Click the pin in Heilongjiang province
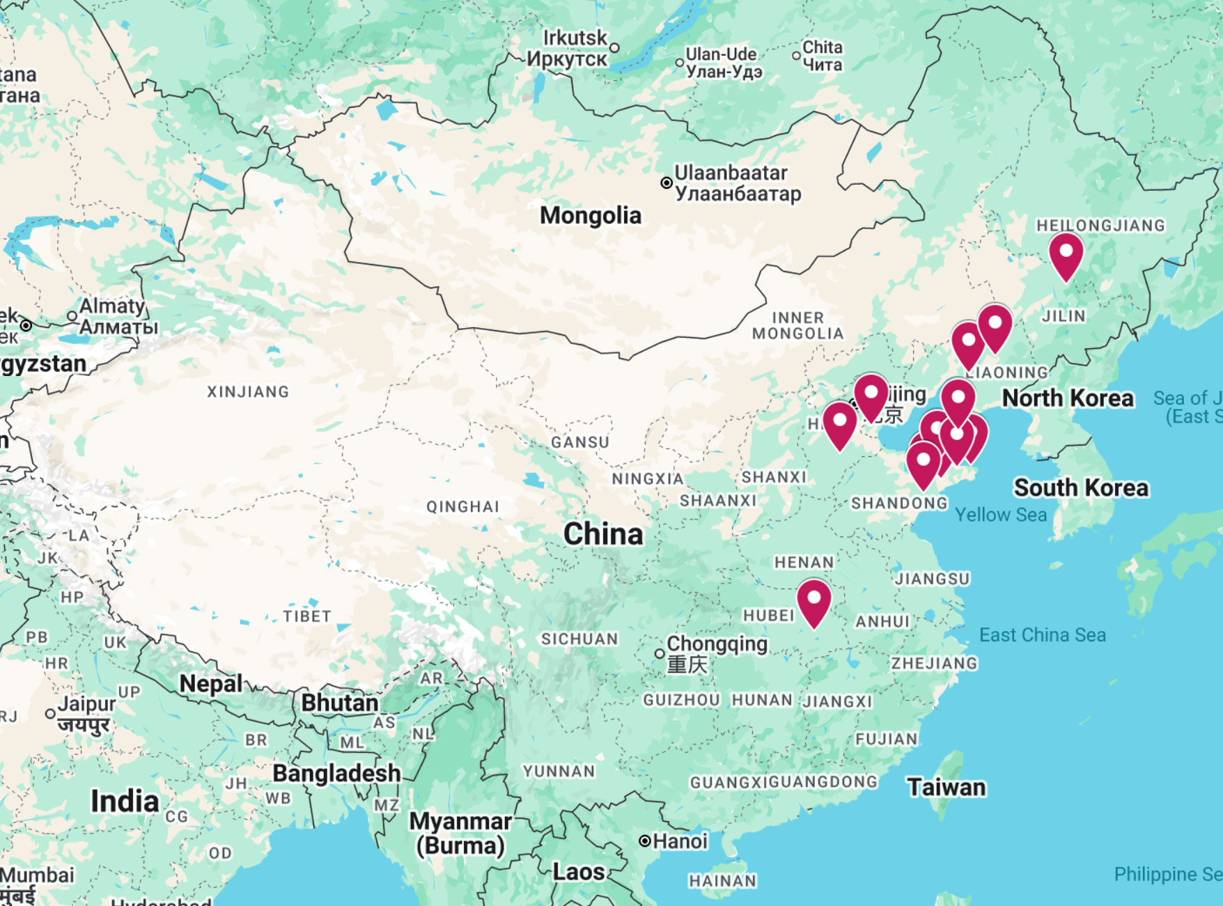pos(1066,253)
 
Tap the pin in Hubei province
pos(813,601)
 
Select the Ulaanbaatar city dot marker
pos(667,182)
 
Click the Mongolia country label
pos(590,215)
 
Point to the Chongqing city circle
pos(660,653)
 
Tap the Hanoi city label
pos(680,841)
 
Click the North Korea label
pos(1067,398)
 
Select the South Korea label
pos(1080,487)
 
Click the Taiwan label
pos(946,787)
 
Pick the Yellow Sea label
pos(1000,515)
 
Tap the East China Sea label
pos(1042,634)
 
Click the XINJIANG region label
pos(248,392)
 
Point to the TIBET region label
pos(306,616)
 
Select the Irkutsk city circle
pos(614,48)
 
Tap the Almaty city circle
pos(72,316)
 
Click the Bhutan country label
pos(339,703)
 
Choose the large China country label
pos(603,534)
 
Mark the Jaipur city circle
pos(50,714)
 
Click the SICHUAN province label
pos(579,639)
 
